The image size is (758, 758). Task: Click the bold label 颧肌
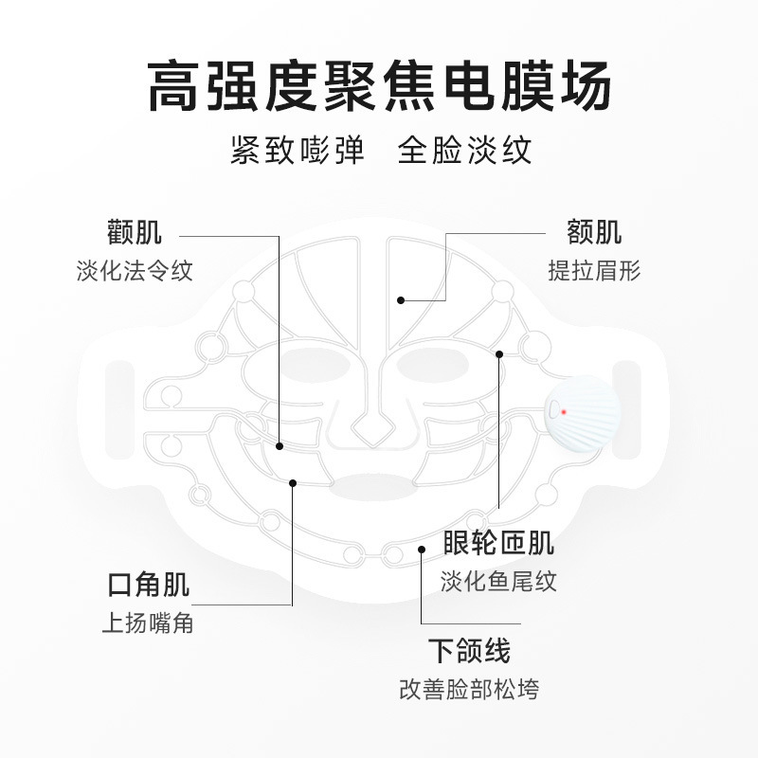(x=135, y=233)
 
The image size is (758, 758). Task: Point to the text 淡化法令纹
(x=135, y=271)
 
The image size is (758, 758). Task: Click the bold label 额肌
(x=594, y=233)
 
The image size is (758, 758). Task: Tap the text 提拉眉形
(x=594, y=271)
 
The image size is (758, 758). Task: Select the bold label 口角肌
(x=148, y=586)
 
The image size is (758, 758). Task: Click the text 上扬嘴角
(x=148, y=624)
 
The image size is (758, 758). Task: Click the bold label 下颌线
(x=469, y=652)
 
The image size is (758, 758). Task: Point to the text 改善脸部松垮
(x=469, y=690)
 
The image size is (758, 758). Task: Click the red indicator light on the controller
(x=563, y=412)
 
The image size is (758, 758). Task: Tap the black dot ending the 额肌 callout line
(x=401, y=300)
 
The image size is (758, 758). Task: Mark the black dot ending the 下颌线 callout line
(x=422, y=549)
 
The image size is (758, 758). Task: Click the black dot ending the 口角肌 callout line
(x=293, y=482)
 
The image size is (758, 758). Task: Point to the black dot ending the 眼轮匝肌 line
(x=499, y=353)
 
